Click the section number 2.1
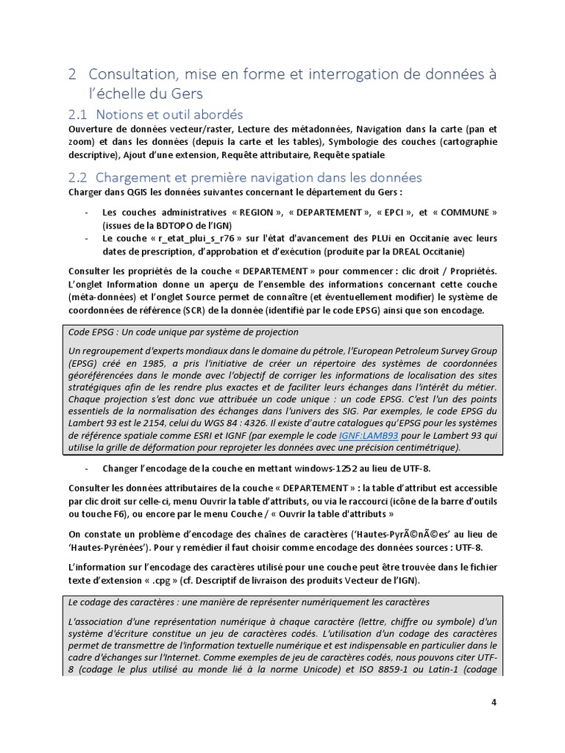coord(77,115)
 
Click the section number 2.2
coord(77,177)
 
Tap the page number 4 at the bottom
coord(494,702)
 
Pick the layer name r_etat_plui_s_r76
coord(192,238)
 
